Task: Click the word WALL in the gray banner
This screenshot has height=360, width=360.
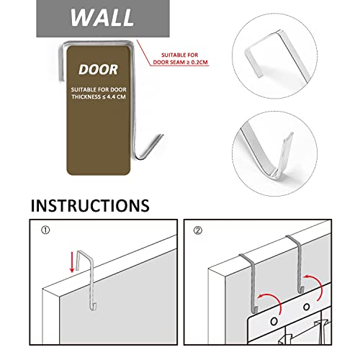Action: pos(102,17)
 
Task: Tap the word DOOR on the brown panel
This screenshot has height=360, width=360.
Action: pos(99,70)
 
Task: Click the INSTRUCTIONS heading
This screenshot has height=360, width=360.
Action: pos(90,205)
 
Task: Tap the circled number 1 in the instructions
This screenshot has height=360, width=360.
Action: pos(45,230)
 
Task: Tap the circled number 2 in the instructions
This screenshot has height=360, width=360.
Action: pos(198,230)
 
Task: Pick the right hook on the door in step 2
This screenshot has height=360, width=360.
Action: pos(298,264)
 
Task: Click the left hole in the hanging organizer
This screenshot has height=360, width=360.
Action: pos(274,321)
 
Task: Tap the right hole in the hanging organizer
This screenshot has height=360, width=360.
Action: pos(307,307)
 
